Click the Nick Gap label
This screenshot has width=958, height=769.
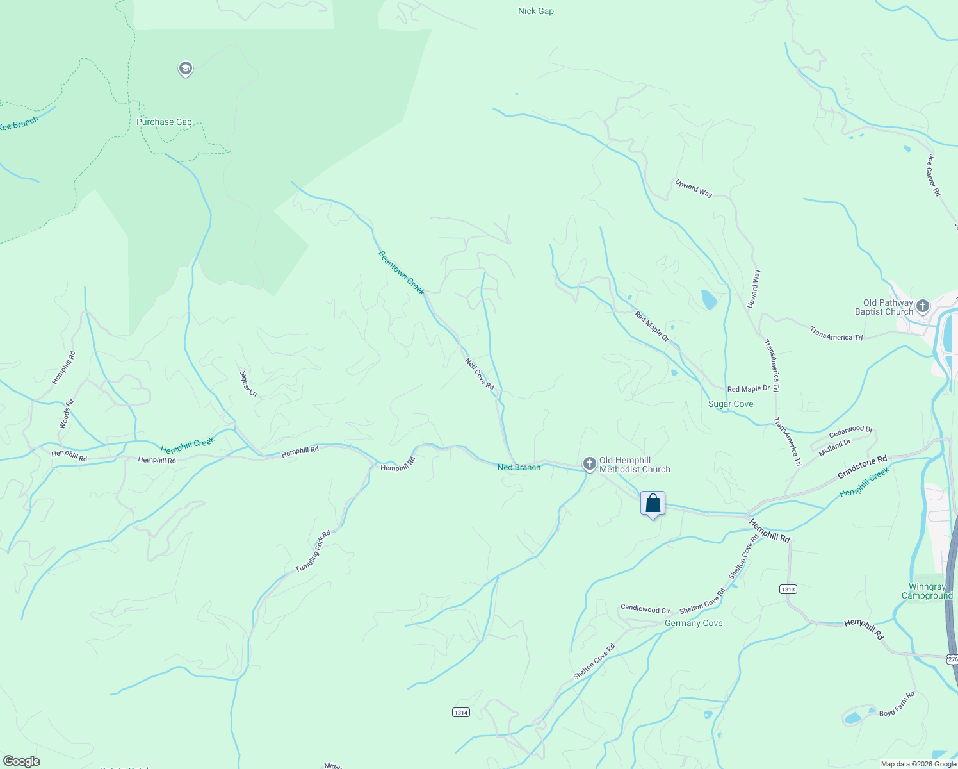[x=535, y=11]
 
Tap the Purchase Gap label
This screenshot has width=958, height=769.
[x=164, y=122]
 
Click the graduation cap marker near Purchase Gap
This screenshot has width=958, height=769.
[x=186, y=69]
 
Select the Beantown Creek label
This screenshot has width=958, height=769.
[x=402, y=273]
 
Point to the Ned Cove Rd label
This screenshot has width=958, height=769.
[x=480, y=374]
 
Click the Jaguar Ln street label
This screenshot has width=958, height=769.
[x=248, y=383]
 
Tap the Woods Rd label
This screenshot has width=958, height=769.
[x=67, y=414]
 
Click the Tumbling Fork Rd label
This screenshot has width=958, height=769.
[x=313, y=552]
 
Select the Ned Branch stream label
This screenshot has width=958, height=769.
[x=519, y=467]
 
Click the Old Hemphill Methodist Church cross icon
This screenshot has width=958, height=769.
[x=590, y=463]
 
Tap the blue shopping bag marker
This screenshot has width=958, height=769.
[x=653, y=504]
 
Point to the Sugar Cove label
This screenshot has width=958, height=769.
[x=731, y=404]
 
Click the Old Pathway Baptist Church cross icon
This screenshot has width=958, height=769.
[x=923, y=306]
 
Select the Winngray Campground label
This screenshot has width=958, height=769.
[x=927, y=591]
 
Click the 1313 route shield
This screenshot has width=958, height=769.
[x=788, y=589]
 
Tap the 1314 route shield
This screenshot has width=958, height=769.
[x=461, y=712]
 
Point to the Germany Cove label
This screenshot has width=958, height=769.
[x=694, y=623]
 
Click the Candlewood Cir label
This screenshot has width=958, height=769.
[x=645, y=608]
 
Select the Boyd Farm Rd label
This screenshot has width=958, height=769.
[x=897, y=704]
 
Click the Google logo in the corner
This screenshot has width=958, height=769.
[x=22, y=761]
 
